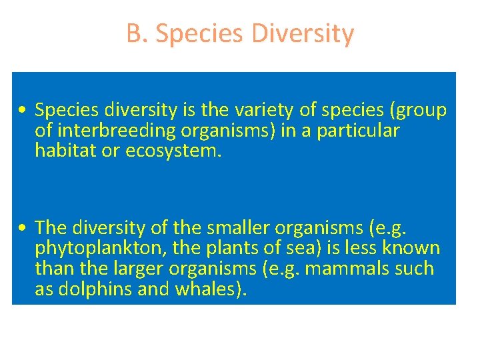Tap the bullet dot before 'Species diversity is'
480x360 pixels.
(23, 111)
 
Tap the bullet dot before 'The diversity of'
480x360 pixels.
(23, 229)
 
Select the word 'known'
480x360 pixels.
(412, 249)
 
